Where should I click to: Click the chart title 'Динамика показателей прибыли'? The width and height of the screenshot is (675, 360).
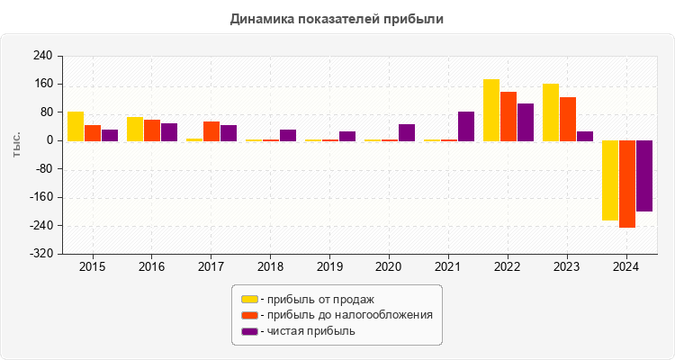tap(337, 18)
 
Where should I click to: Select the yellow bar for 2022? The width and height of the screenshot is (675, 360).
tap(491, 110)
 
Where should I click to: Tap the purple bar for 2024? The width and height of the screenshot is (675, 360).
tap(644, 175)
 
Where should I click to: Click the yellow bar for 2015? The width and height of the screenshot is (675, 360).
tap(76, 126)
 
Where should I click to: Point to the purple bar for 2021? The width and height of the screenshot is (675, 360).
tap(466, 126)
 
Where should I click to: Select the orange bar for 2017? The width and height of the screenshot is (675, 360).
tap(211, 131)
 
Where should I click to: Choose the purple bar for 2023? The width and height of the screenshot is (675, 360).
tap(585, 136)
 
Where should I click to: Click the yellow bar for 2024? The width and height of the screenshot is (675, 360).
tap(610, 180)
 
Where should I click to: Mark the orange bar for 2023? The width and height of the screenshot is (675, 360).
tap(568, 119)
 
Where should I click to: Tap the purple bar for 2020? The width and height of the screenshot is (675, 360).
tap(407, 132)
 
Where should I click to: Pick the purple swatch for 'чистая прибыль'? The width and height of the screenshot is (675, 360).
tap(249, 331)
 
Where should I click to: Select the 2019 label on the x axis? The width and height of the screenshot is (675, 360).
tap(329, 267)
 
